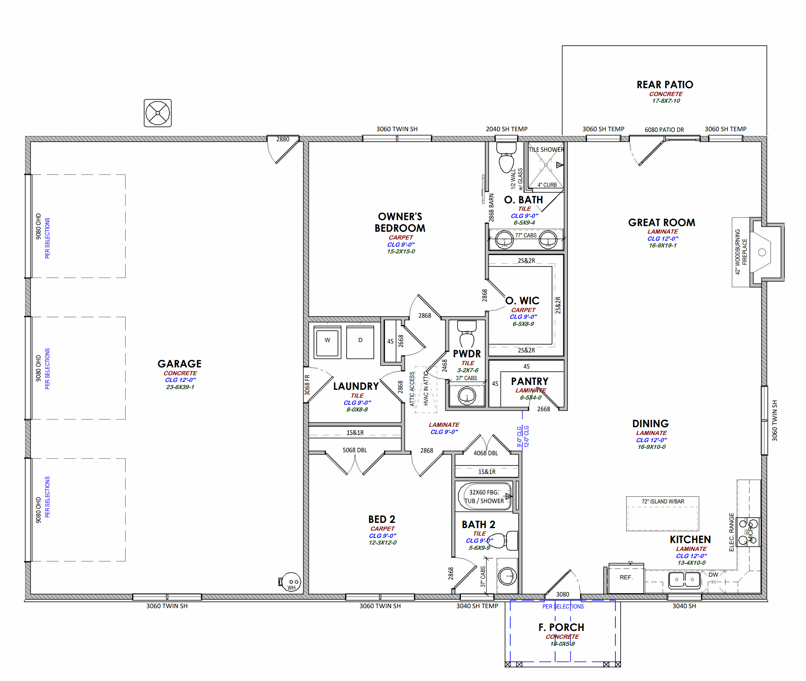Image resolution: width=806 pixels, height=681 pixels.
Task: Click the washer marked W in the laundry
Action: (327, 342)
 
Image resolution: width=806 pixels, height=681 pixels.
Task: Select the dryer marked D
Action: (360, 342)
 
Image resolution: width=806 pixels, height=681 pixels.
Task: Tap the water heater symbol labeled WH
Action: (291, 582)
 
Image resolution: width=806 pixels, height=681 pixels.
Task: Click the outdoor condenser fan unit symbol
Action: (157, 113)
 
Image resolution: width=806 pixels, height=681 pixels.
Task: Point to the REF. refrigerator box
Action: (626, 578)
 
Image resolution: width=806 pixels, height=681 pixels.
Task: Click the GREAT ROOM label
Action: (662, 223)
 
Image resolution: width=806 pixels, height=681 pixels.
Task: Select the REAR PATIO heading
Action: (665, 84)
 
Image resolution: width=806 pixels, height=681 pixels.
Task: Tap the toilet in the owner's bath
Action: (506, 157)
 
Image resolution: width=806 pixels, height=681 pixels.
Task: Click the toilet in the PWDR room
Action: (467, 334)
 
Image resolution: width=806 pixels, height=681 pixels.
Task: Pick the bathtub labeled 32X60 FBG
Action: (484, 496)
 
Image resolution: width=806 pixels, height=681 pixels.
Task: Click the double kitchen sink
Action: (685, 580)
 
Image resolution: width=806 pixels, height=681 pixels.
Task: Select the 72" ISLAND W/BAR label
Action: (663, 502)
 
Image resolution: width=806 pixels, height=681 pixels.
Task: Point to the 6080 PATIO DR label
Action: (664, 130)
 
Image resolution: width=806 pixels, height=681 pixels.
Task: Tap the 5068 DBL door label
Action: (354, 450)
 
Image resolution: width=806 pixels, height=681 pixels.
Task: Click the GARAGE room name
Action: (179, 364)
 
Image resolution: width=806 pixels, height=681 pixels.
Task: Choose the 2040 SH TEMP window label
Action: (506, 129)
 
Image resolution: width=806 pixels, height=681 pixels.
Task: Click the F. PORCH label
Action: (561, 627)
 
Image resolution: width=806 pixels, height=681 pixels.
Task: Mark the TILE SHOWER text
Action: (546, 150)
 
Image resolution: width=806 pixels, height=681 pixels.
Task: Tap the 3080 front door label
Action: (562, 595)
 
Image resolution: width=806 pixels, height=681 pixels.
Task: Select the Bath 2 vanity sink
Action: (507, 576)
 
